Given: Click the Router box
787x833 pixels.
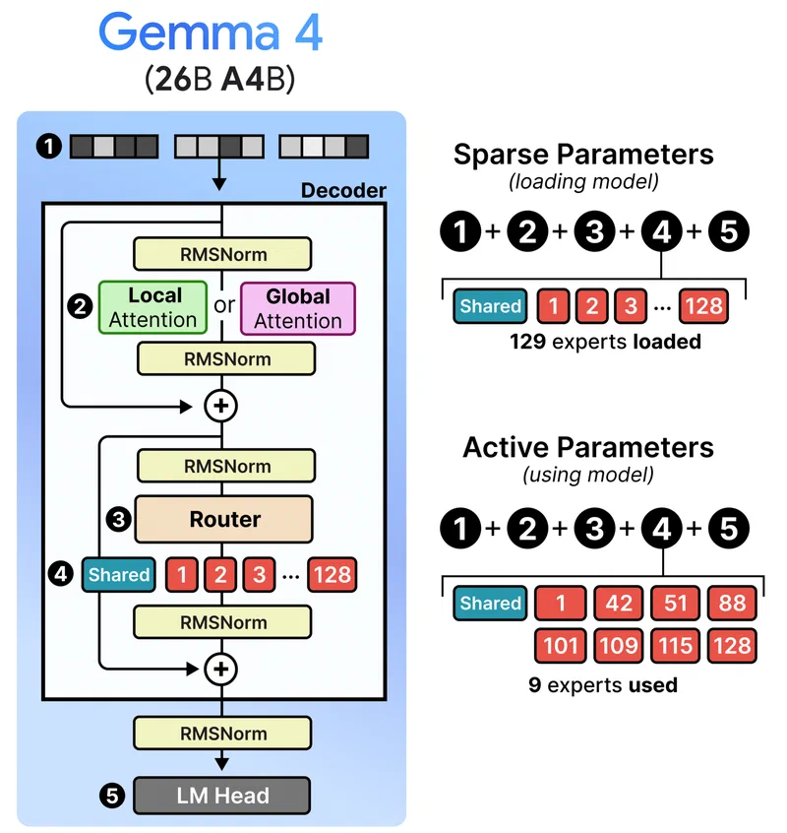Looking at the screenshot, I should pos(223,519).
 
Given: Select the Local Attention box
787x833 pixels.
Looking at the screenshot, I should pos(153,307).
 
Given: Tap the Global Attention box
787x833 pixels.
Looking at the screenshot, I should pos(297,307).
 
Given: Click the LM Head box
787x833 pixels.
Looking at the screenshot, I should pos(223,795).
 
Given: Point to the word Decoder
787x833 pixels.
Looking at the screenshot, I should pos(343,190).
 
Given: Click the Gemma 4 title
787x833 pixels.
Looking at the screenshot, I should pos(211,33).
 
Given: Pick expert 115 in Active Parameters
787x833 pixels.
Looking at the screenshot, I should pos(674,647).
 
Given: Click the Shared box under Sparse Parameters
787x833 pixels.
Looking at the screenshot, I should pos(490,306).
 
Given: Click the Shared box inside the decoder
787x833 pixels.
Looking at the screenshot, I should pos(119,574).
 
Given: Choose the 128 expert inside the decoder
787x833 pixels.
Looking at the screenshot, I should pos(332,574).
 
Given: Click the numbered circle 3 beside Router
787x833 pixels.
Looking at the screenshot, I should pos(118,520).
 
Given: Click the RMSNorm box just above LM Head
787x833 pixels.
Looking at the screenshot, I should pos(223,734).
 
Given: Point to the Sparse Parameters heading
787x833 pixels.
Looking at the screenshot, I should pos(583,154).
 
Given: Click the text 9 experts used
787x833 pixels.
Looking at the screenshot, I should pos(602,684).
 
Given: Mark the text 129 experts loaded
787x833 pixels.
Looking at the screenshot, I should pos(604,343).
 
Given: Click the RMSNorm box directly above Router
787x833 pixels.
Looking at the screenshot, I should pos(223,465).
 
